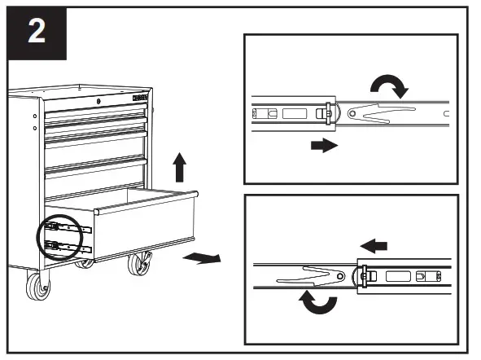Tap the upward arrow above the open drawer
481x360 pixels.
[x=179, y=169]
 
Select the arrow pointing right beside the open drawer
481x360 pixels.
[x=201, y=258]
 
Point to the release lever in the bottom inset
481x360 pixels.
[x=313, y=275]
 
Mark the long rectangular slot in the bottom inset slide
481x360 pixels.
[x=398, y=276]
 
